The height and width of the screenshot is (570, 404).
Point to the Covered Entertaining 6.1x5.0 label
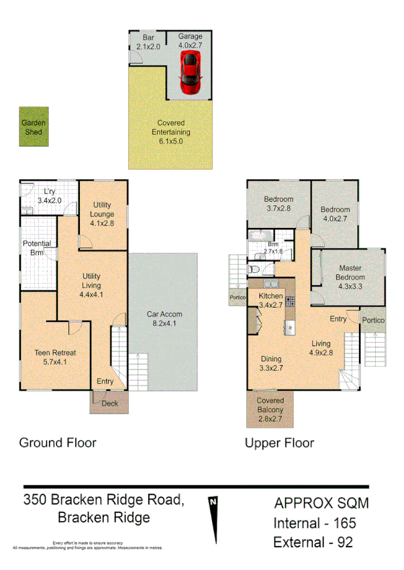(170, 132)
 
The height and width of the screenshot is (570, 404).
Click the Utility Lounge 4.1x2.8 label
(103, 215)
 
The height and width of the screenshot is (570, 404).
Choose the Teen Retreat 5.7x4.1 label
(55, 357)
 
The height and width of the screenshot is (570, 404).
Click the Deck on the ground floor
(109, 403)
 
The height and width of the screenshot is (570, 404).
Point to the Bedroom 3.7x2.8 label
(278, 204)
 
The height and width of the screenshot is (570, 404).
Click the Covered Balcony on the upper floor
(270, 409)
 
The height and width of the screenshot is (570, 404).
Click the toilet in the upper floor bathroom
(254, 270)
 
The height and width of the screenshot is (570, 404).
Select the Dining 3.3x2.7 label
(272, 363)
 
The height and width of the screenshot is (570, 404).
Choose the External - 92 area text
(313, 542)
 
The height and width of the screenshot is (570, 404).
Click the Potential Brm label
(37, 248)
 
